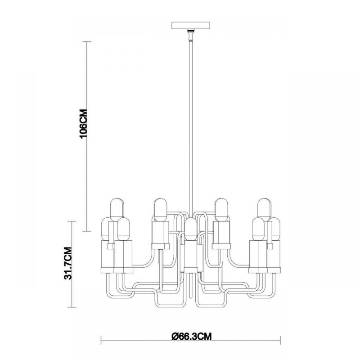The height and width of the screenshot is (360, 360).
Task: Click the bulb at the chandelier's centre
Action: [x=191, y=229]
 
